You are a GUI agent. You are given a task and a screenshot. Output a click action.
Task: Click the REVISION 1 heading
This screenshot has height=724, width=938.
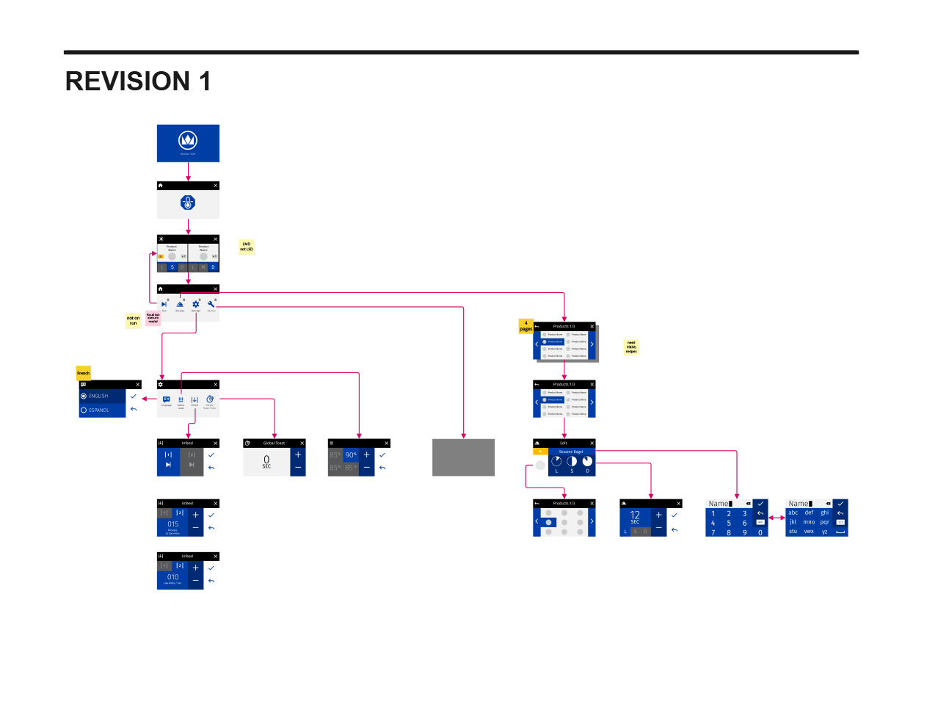(x=138, y=82)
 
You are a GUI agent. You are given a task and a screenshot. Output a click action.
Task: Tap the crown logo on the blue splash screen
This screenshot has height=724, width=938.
(x=188, y=140)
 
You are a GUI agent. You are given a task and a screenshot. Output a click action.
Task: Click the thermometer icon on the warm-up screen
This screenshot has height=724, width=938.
(x=188, y=203)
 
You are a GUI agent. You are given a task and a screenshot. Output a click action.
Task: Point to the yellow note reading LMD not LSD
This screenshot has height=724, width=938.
(x=247, y=247)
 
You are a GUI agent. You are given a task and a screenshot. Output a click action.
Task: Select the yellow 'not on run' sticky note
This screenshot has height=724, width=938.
(x=133, y=321)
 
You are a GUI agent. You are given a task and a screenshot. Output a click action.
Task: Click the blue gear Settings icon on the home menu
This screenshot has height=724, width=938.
(x=196, y=304)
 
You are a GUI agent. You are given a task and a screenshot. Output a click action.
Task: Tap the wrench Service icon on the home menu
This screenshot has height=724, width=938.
(x=211, y=304)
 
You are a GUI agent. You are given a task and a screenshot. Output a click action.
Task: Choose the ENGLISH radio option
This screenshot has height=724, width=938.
(x=98, y=396)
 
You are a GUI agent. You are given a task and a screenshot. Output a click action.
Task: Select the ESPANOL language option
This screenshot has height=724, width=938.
(x=98, y=410)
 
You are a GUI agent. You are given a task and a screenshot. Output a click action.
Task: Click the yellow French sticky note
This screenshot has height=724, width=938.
(x=84, y=373)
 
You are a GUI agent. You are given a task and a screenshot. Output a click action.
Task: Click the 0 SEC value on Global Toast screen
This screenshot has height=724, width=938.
(x=266, y=461)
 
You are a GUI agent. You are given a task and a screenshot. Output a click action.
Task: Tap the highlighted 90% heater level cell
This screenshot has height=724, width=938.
(x=351, y=455)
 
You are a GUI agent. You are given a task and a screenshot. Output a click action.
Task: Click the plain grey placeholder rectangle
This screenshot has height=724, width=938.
(x=463, y=457)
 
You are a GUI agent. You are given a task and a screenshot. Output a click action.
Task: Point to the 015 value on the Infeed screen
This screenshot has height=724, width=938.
(x=172, y=524)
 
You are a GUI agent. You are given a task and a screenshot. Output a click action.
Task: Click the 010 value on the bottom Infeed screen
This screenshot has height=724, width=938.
(x=172, y=577)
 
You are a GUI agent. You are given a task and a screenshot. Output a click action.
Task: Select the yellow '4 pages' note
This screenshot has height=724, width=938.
(x=526, y=326)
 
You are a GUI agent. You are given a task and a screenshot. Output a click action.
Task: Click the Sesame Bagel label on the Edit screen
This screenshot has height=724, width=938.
(x=571, y=452)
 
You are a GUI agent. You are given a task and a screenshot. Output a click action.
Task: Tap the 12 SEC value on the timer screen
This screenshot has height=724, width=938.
(x=635, y=516)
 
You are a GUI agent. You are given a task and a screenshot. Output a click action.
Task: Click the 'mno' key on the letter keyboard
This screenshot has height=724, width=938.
(x=809, y=522)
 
